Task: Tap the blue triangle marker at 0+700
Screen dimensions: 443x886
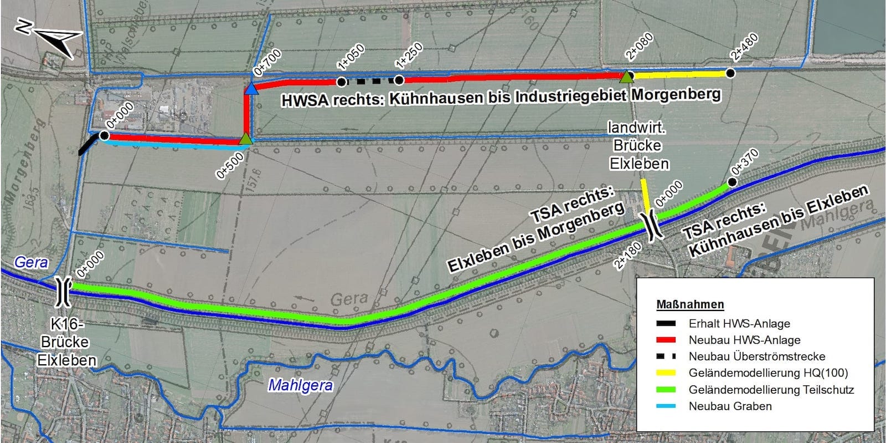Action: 251,89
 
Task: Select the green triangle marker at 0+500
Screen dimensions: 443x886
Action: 246,139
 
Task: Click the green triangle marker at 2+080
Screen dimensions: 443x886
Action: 626,77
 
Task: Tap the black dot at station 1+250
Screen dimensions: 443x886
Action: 399,80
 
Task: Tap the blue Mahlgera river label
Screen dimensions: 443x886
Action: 300,385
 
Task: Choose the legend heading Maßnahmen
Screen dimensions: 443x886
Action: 689,304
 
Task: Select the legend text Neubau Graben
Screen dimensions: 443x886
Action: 730,406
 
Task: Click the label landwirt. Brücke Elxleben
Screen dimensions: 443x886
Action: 638,145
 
